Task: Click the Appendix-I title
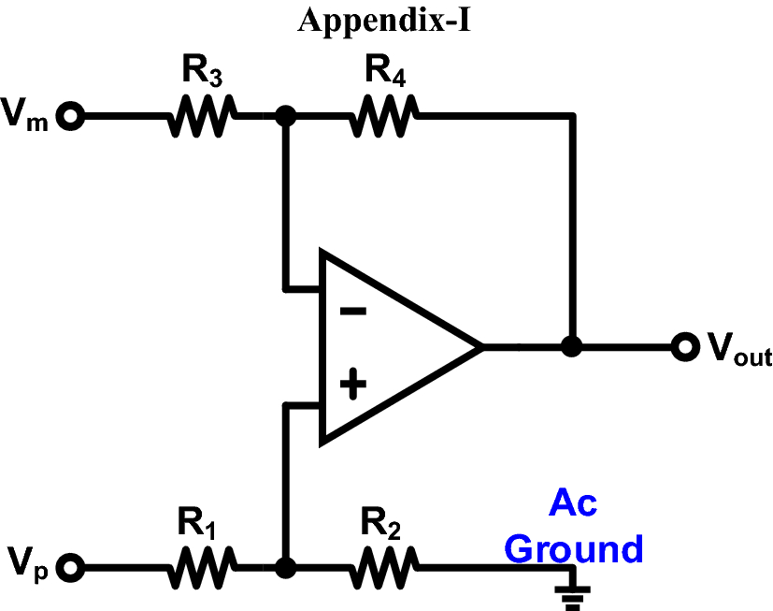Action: pos(383,21)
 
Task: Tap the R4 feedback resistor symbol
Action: pos(384,117)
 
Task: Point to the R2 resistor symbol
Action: pos(384,567)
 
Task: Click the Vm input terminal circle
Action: pos(72,117)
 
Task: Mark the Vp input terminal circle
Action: pos(72,567)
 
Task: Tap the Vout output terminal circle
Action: pos(685,347)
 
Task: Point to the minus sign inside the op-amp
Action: pos(351,310)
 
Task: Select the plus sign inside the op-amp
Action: pos(351,385)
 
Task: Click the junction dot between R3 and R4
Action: pos(286,117)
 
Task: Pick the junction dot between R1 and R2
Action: pos(286,567)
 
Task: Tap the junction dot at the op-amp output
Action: pos(571,347)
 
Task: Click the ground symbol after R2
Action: pos(571,590)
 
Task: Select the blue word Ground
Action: pos(574,548)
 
